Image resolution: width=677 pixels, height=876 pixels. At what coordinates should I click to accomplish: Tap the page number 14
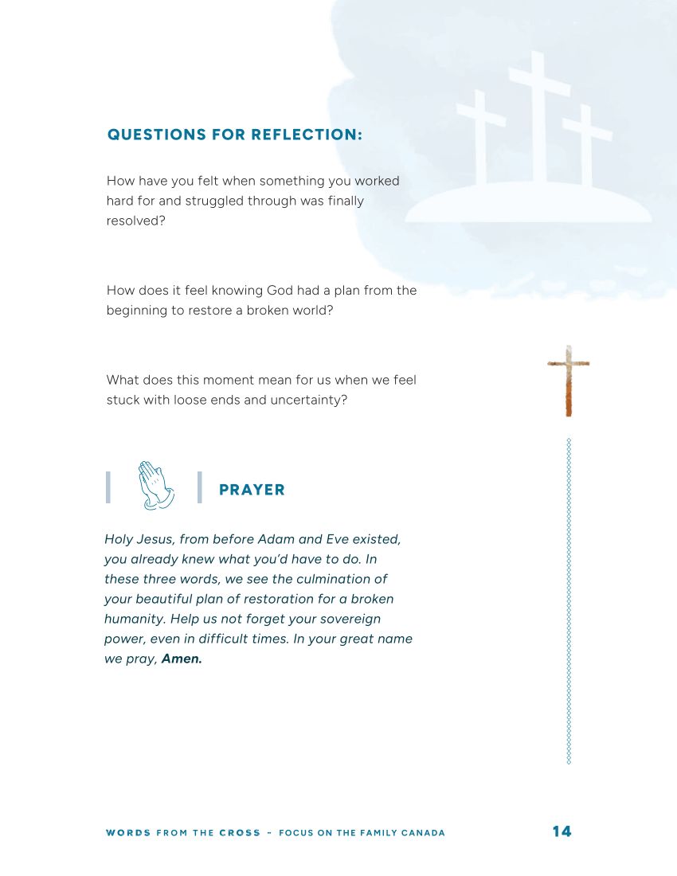562,831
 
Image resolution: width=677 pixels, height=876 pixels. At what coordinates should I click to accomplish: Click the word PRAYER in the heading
252,490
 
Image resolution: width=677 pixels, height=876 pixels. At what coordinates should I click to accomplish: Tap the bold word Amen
182,659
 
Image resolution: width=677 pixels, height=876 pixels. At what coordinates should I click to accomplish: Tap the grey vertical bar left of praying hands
108,487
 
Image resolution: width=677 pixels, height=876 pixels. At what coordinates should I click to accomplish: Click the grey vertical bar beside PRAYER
199,487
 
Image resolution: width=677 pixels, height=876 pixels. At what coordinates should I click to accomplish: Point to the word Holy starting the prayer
119,539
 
